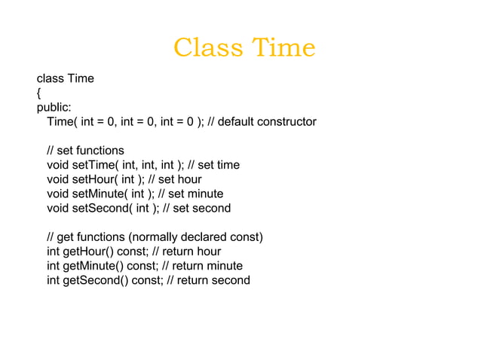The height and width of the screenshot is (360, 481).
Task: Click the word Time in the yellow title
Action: point(283,48)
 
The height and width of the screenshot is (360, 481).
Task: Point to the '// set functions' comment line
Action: point(85,150)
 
